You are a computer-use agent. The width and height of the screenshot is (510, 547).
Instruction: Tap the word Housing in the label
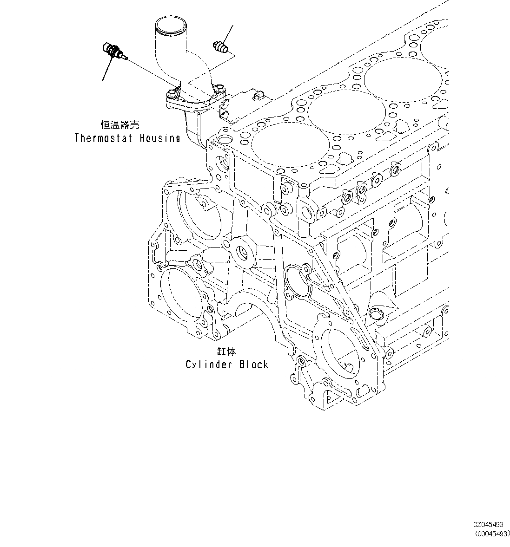click(x=160, y=138)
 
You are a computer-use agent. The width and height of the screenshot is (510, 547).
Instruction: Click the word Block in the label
click(x=253, y=365)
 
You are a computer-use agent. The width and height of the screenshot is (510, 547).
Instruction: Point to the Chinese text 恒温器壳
click(x=120, y=125)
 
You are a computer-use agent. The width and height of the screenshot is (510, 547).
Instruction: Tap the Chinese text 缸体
click(x=226, y=352)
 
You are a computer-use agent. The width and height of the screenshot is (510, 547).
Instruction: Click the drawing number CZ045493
click(x=488, y=524)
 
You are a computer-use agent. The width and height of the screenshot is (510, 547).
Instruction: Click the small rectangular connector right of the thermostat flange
click(x=258, y=96)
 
